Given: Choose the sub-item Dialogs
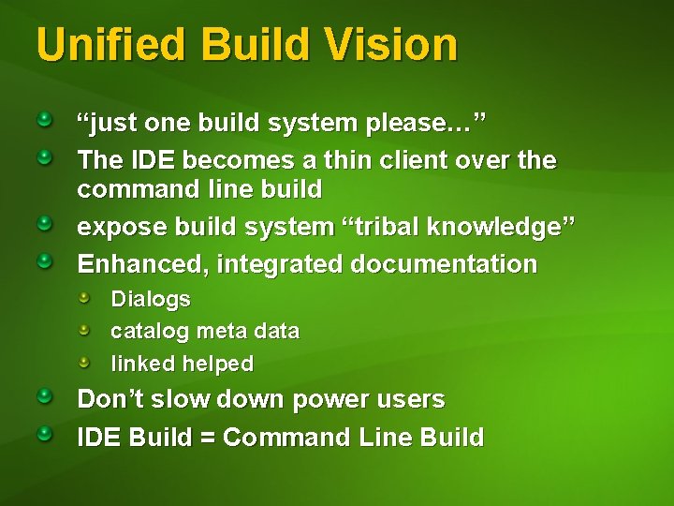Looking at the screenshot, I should tap(150, 300).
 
